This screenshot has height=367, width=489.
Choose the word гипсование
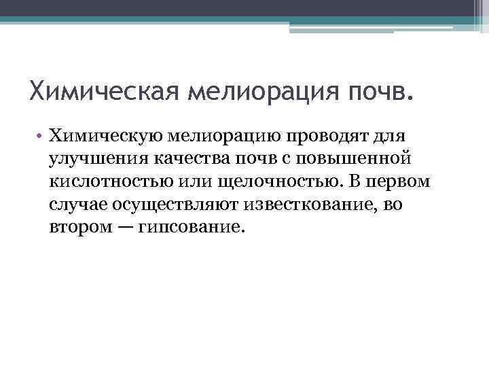189,226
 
